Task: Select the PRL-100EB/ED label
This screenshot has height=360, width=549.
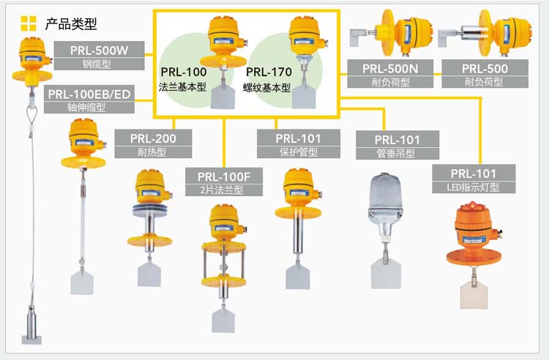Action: pyautogui.click(x=89, y=94)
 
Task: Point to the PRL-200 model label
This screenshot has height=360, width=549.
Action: pyautogui.click(x=152, y=138)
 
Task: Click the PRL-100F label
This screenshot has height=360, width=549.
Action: pyautogui.click(x=223, y=176)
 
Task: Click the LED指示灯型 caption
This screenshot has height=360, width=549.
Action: pyautogui.click(x=473, y=187)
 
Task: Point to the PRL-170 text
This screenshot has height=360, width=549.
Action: pyautogui.click(x=269, y=72)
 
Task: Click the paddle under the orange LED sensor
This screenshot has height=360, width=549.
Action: pyautogui.click(x=473, y=293)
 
